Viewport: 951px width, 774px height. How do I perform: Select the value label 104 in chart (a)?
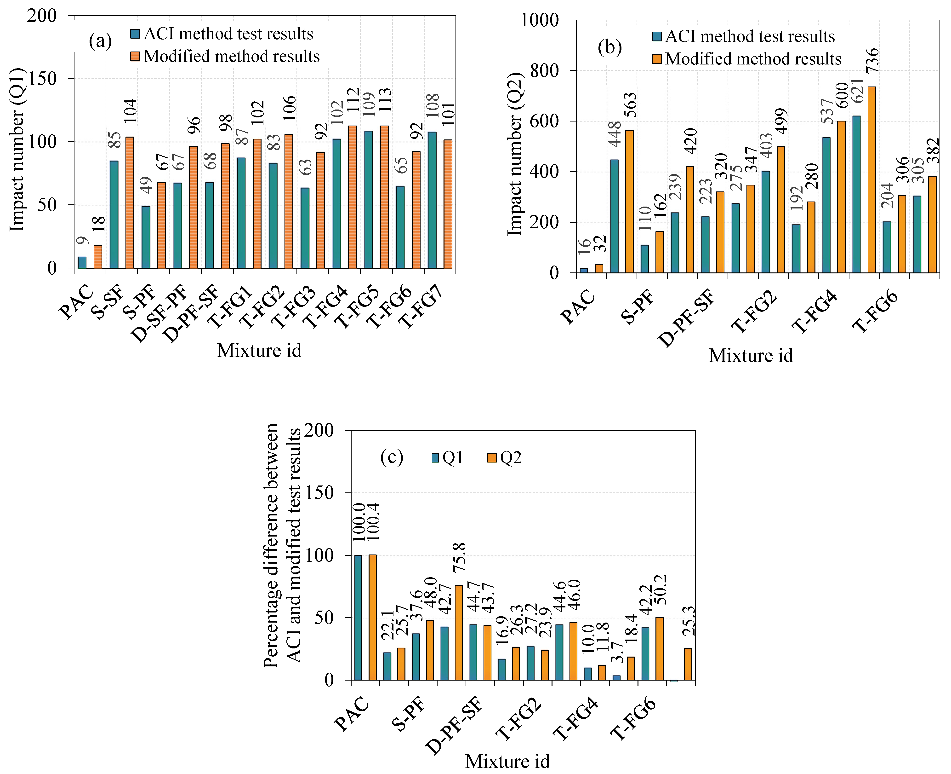point(130,111)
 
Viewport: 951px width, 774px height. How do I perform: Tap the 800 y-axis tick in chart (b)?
point(544,70)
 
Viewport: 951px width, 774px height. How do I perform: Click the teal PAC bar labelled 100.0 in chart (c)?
point(358,618)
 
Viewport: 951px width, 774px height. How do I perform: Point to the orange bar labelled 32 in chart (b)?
point(599,268)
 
